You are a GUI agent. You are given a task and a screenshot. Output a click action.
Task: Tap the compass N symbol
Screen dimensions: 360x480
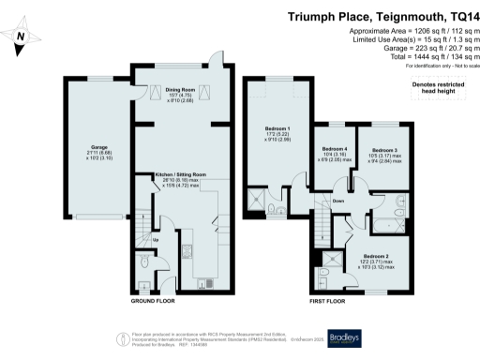pyautogui.click(x=23, y=37)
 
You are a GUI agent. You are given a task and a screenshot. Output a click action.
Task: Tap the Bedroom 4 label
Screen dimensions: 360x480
pyautogui.click(x=335, y=149)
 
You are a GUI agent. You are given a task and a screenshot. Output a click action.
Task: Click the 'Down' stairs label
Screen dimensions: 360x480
pyautogui.click(x=338, y=200)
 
